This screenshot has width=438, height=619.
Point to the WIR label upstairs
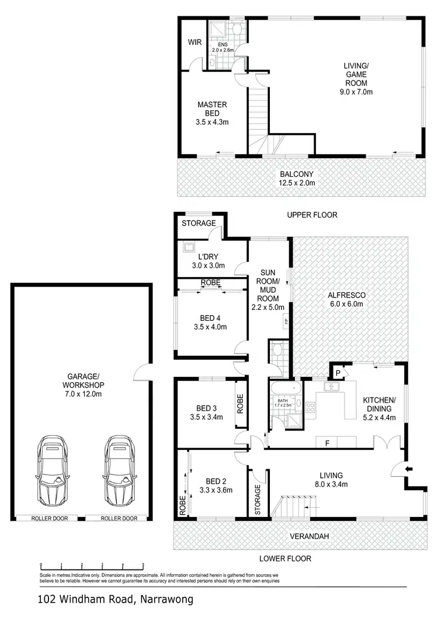[194, 43]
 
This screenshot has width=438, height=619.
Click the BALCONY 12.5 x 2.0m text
[297, 178]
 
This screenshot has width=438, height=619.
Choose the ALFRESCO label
[347, 299]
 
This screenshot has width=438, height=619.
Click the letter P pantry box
[338, 372]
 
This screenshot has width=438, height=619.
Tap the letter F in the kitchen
[328, 443]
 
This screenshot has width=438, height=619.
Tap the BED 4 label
[209, 323]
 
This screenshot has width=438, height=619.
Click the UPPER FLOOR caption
[312, 215]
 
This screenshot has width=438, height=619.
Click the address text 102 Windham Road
[114, 599]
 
